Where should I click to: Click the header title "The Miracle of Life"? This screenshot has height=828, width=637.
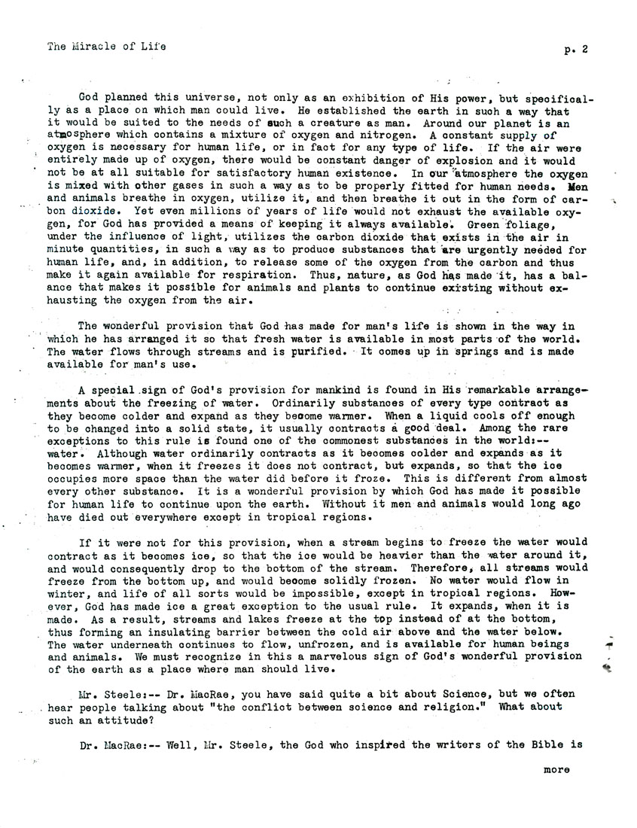point(106,47)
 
